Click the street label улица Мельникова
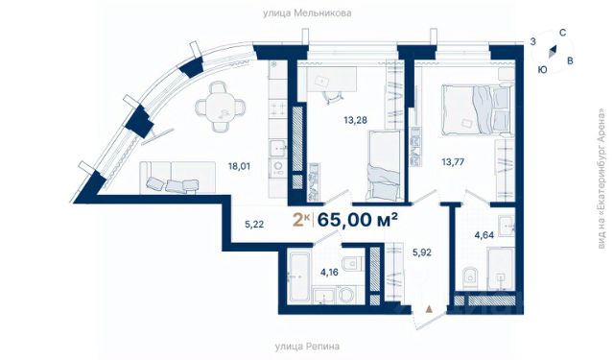coord(307,13)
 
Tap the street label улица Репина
coord(307,347)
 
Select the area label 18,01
coord(239,166)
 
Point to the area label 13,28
coord(356,120)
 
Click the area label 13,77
coord(453,162)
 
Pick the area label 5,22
coord(254,225)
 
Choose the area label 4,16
coord(329,272)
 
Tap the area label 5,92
coord(422,252)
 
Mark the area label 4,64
coord(484,235)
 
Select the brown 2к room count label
coord(301,221)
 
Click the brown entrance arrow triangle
coord(429,309)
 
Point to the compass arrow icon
coord(553,52)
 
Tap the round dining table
coord(221,107)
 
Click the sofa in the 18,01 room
coord(177,178)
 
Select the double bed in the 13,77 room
coord(478,110)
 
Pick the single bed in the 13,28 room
coord(384,165)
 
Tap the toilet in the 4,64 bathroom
coord(468,278)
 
